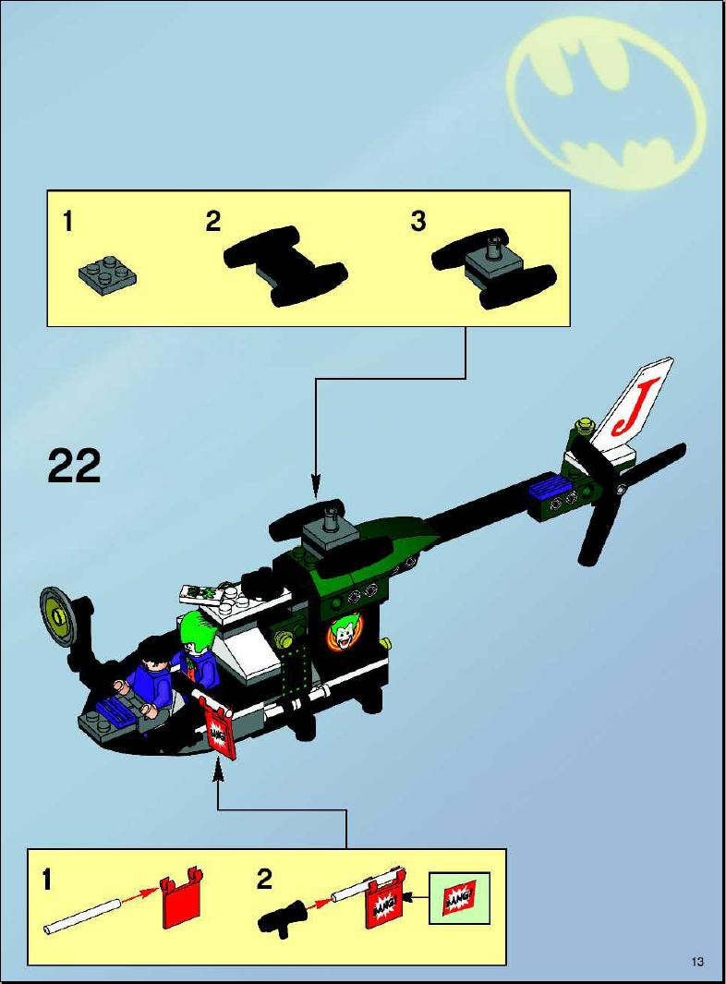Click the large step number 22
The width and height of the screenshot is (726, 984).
74,467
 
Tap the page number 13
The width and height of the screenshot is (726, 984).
697,962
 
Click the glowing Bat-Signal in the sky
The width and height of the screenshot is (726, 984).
606,103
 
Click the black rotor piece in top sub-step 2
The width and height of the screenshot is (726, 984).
285,265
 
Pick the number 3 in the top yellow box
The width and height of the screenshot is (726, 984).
417,221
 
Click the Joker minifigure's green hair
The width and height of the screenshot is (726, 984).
195,627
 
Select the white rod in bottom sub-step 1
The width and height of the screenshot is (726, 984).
82,916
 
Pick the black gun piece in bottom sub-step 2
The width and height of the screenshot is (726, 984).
282,916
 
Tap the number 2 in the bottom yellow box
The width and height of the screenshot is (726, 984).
264,880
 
